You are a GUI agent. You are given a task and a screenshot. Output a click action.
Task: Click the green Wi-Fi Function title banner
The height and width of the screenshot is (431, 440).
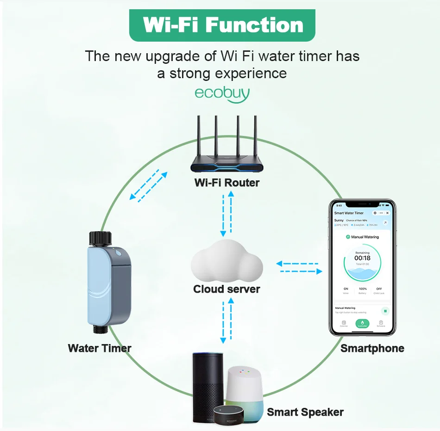[x=222, y=25]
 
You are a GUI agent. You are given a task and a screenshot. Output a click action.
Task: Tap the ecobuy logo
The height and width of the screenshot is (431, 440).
[x=222, y=93]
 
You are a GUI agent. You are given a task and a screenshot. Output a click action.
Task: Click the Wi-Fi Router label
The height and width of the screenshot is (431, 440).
[x=227, y=183]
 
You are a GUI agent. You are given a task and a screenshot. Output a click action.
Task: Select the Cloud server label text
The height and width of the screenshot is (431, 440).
[x=226, y=289]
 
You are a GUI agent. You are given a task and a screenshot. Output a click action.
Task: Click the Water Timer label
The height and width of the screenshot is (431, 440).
[x=100, y=348]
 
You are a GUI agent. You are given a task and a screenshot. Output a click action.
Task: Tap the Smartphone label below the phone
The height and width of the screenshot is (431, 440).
[x=372, y=348]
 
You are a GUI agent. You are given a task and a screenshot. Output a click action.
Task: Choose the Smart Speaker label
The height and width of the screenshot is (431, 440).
[x=305, y=412]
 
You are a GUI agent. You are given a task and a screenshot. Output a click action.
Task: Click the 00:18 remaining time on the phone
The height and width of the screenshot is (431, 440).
[x=362, y=258]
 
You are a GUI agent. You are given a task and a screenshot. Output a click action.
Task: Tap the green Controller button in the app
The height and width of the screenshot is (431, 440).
[x=362, y=324]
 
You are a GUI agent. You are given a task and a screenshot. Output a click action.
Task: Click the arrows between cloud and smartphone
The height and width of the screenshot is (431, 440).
[x=299, y=267]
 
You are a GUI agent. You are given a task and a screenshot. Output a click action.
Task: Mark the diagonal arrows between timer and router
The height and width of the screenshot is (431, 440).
[x=148, y=185]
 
